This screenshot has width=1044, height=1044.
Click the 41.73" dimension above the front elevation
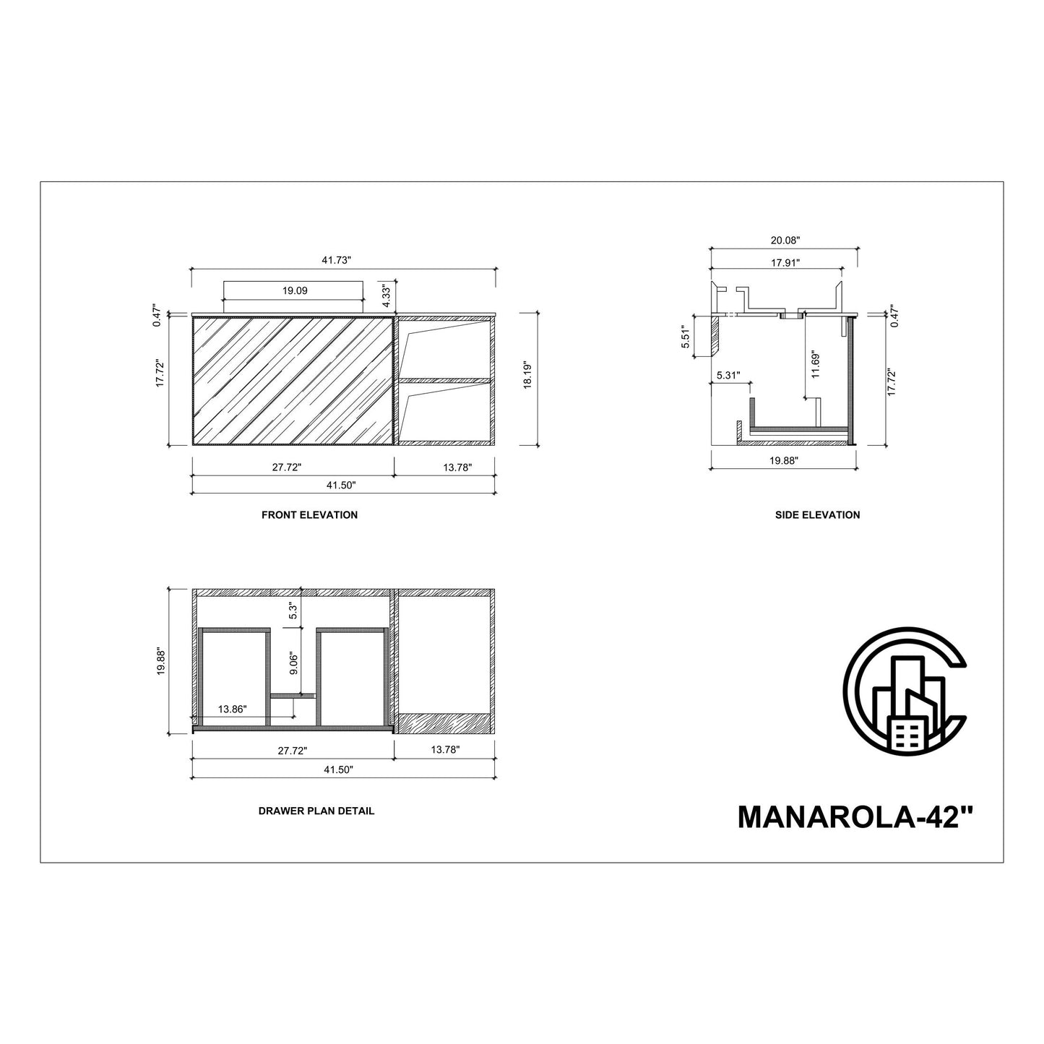pyautogui.click(x=343, y=260)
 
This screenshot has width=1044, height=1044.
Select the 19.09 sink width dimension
pyautogui.click(x=295, y=290)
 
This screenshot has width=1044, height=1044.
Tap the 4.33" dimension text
pyautogui.click(x=386, y=293)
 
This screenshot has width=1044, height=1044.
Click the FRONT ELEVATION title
pyautogui.click(x=309, y=515)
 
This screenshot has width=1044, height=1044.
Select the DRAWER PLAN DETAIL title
pyautogui.click(x=316, y=811)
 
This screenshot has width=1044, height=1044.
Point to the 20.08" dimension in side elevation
pyautogui.click(x=785, y=240)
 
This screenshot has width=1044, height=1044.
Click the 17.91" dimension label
pyautogui.click(x=785, y=263)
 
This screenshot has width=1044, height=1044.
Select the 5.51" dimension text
pyautogui.click(x=687, y=337)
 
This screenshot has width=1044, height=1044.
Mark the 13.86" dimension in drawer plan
pyautogui.click(x=232, y=709)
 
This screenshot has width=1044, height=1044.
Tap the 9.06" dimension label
pyautogui.click(x=293, y=663)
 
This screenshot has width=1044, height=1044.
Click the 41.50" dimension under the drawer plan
pyautogui.click(x=339, y=770)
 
